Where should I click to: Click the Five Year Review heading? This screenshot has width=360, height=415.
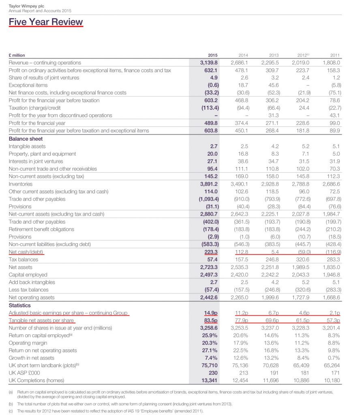click(46, 22)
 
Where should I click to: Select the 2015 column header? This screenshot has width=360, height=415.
click(212, 55)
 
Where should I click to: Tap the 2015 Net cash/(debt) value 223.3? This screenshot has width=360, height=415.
click(211, 252)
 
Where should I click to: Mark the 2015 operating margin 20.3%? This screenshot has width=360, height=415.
click(210, 343)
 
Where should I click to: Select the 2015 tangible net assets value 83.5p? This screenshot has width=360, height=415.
click(210, 320)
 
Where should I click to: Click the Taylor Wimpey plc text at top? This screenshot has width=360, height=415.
click(24, 6)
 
